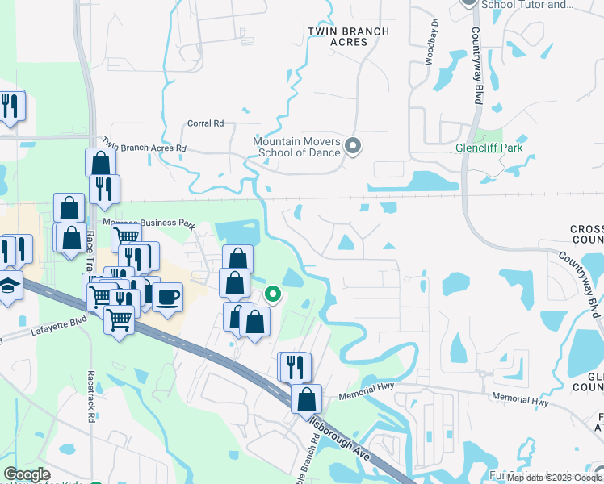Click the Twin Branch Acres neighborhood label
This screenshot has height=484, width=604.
(x=349, y=37)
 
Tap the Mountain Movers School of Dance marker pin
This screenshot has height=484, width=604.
(x=352, y=146)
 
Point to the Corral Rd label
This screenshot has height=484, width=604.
(x=205, y=123)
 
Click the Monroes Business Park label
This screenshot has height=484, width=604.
(x=149, y=223)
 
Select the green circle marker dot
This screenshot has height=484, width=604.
(x=273, y=294)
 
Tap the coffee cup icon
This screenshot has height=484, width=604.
(x=167, y=296)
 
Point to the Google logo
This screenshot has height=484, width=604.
(x=27, y=474)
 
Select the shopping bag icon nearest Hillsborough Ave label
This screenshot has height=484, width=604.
(x=307, y=398)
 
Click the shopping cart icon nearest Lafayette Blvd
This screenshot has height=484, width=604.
(x=120, y=319)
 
